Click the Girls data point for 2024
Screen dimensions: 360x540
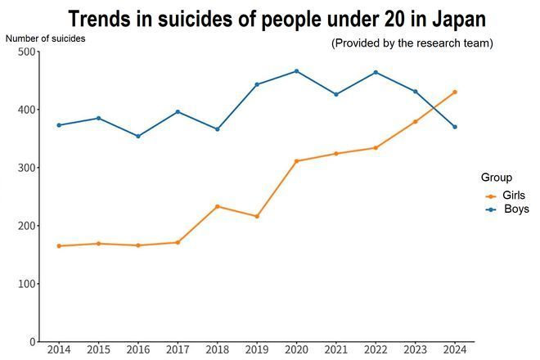click(455, 92)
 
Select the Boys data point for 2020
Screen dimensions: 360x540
click(296, 71)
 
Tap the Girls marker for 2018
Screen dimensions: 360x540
click(217, 206)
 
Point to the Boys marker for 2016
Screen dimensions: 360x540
click(137, 136)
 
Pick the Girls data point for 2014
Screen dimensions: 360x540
click(59, 245)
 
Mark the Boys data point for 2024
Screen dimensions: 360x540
click(455, 127)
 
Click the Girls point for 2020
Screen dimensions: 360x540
click(296, 161)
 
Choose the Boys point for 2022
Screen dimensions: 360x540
click(376, 72)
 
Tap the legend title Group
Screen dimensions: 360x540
click(497, 178)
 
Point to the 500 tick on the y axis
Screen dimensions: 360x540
click(27, 52)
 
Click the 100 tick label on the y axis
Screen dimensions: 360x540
click(27, 284)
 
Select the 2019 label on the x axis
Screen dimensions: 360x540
click(257, 350)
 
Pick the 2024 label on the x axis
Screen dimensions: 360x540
click(455, 350)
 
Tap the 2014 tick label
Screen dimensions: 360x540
click(59, 350)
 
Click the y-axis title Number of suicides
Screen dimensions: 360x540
click(45, 38)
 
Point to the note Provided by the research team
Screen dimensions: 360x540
click(412, 43)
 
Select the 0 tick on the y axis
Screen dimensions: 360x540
click(33, 341)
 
